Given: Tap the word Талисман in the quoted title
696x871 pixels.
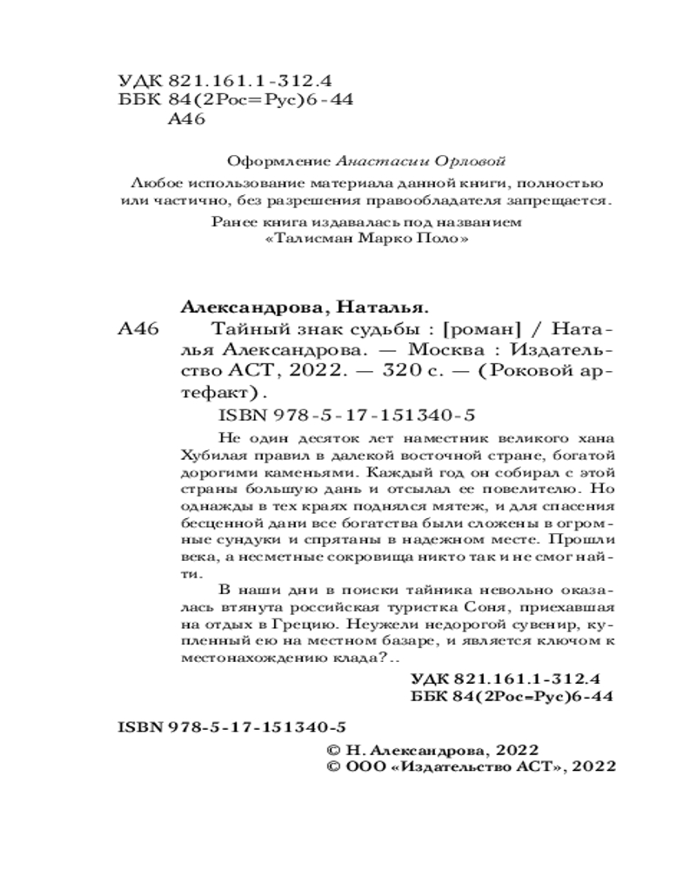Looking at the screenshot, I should click(x=308, y=238).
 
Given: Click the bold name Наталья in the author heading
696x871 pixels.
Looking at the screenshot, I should click(x=386, y=307).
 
